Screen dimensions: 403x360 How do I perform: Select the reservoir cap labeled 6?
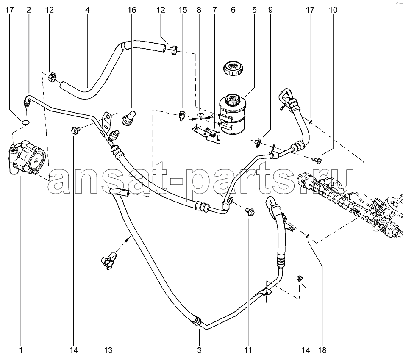coord(233,68)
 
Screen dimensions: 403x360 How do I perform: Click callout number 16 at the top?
coord(132,10)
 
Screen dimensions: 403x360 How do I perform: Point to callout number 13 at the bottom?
coord(108,350)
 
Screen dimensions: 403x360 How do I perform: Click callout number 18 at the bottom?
coord(322,350)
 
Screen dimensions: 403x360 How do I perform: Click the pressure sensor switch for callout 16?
coord(128,118)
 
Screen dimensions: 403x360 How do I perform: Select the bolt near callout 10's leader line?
coord(317,160)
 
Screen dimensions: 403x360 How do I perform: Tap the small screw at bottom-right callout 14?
coord(300,278)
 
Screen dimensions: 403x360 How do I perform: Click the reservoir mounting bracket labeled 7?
coord(207,133)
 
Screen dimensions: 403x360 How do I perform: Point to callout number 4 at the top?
coord(87,10)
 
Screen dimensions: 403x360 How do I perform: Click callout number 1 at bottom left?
coord(21,350)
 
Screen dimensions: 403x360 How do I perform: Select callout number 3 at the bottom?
coord(200,350)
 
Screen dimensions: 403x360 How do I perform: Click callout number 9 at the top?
coord(270,10)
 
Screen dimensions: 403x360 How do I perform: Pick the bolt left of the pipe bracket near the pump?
coord(75,130)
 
